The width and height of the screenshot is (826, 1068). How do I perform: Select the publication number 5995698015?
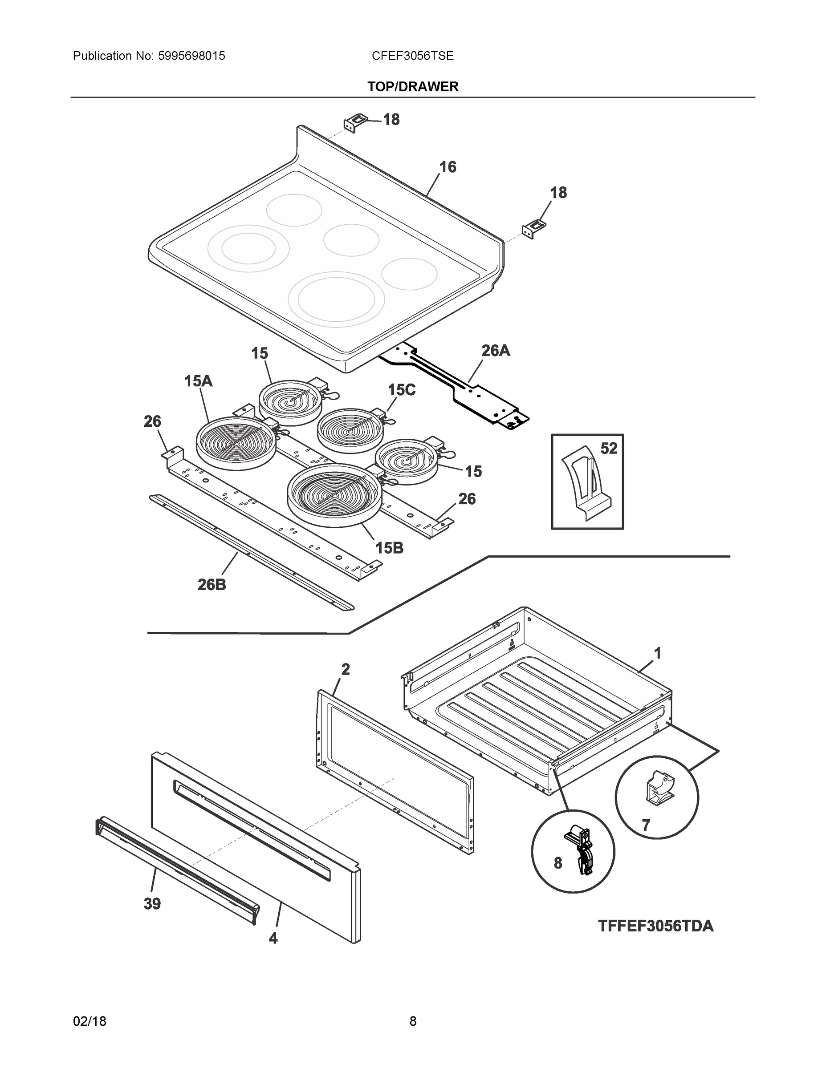pyautogui.click(x=191, y=56)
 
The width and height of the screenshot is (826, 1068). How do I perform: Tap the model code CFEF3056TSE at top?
pyautogui.click(x=412, y=56)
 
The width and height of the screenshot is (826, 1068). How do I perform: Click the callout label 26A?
pyautogui.click(x=495, y=350)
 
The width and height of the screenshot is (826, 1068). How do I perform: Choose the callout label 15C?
pyautogui.click(x=401, y=390)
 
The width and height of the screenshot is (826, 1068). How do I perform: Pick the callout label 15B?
pyautogui.click(x=389, y=548)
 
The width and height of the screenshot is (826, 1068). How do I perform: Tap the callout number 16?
pyautogui.click(x=447, y=167)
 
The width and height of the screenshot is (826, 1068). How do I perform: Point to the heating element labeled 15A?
pyautogui.click(x=236, y=443)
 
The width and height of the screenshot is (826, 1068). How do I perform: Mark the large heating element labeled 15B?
pyautogui.click(x=334, y=494)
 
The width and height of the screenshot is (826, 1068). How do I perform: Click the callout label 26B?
pyautogui.click(x=212, y=584)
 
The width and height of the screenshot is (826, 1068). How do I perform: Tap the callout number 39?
pyautogui.click(x=152, y=904)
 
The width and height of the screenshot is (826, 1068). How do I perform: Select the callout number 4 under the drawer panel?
pyautogui.click(x=273, y=938)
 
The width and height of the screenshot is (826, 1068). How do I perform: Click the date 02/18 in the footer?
pyautogui.click(x=90, y=1021)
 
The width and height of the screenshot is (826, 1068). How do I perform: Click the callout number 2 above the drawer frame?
pyautogui.click(x=346, y=669)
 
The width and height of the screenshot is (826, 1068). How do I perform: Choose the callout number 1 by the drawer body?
pyautogui.click(x=658, y=653)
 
